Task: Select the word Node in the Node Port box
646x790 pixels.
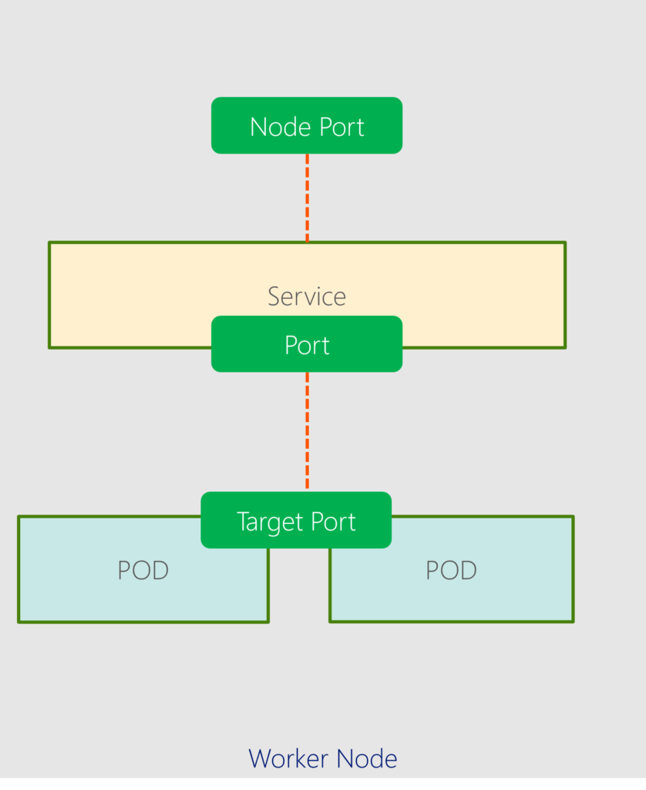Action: [x=278, y=127]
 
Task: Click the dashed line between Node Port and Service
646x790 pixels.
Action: [x=307, y=197]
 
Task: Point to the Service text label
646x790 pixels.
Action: [x=307, y=296]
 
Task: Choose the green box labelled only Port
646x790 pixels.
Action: [x=307, y=345]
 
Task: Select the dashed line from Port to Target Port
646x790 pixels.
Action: [x=307, y=430]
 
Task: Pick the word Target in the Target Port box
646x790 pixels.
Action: [x=270, y=522]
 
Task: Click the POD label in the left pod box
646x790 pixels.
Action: [x=143, y=570]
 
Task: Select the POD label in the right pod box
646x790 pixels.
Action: [x=451, y=570]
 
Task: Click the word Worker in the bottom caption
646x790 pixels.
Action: [x=284, y=758]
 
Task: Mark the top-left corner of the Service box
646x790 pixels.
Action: [x=49, y=243]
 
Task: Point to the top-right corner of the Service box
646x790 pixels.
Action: [x=565, y=243]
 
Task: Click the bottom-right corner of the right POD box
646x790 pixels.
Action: [x=573, y=621]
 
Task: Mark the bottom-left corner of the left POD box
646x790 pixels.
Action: [x=19, y=621]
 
